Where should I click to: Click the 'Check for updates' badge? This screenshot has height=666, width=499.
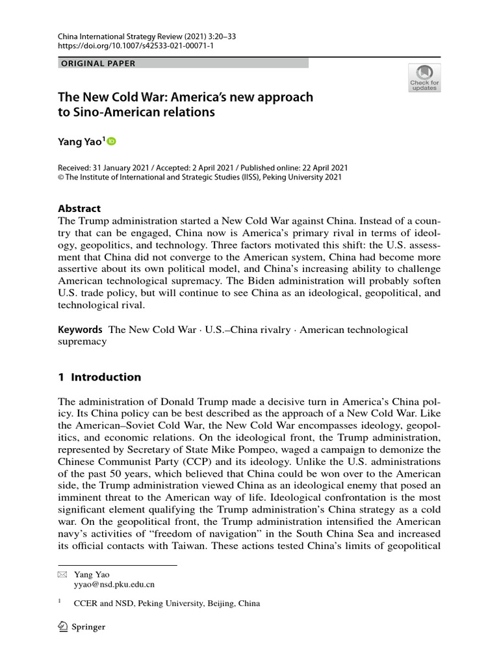click(424, 77)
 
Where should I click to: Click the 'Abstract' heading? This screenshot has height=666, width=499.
click(79, 209)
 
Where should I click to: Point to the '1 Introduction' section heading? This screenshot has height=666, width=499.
click(99, 377)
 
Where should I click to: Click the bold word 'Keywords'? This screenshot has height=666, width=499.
click(81, 330)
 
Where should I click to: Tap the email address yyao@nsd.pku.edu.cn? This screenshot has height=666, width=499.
click(114, 584)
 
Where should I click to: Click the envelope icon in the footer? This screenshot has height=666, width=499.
click(62, 574)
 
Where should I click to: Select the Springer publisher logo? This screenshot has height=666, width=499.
click(81, 627)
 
